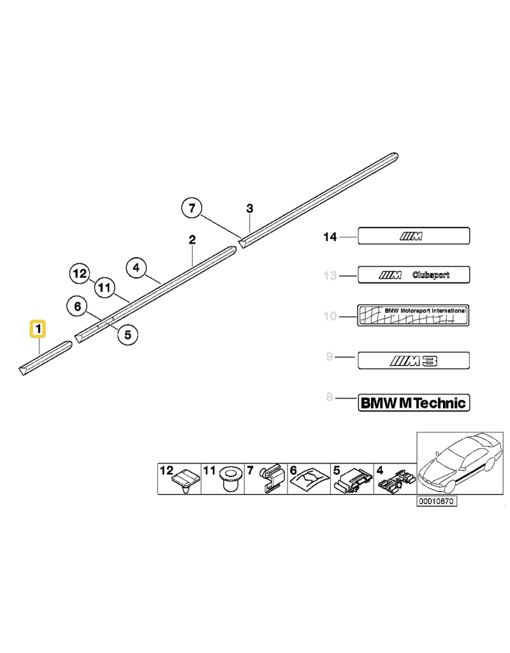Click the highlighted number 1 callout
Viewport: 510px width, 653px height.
pyautogui.click(x=39, y=330)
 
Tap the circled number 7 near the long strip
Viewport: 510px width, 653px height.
pyautogui.click(x=193, y=209)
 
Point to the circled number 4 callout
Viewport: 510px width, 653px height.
pyautogui.click(x=136, y=268)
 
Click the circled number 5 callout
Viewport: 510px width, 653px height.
pyautogui.click(x=127, y=334)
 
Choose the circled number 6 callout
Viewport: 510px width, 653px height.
pyautogui.click(x=78, y=307)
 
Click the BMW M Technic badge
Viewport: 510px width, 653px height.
pyautogui.click(x=414, y=402)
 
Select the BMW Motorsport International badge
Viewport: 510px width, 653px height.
pyautogui.click(x=414, y=316)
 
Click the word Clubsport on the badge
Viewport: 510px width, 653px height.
pyautogui.click(x=430, y=275)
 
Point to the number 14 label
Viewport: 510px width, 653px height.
pyautogui.click(x=330, y=237)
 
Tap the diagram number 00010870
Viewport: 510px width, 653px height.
pyautogui.click(x=437, y=501)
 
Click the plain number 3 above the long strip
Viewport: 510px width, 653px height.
pyautogui.click(x=250, y=208)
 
